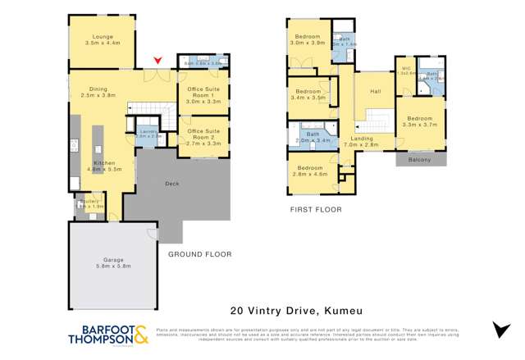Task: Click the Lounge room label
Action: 94,37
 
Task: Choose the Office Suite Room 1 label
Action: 204,96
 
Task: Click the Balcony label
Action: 419,160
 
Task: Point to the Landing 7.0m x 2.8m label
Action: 363,142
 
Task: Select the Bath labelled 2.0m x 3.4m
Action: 312,138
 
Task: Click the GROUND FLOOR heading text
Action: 199,255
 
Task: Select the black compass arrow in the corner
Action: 500,330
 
